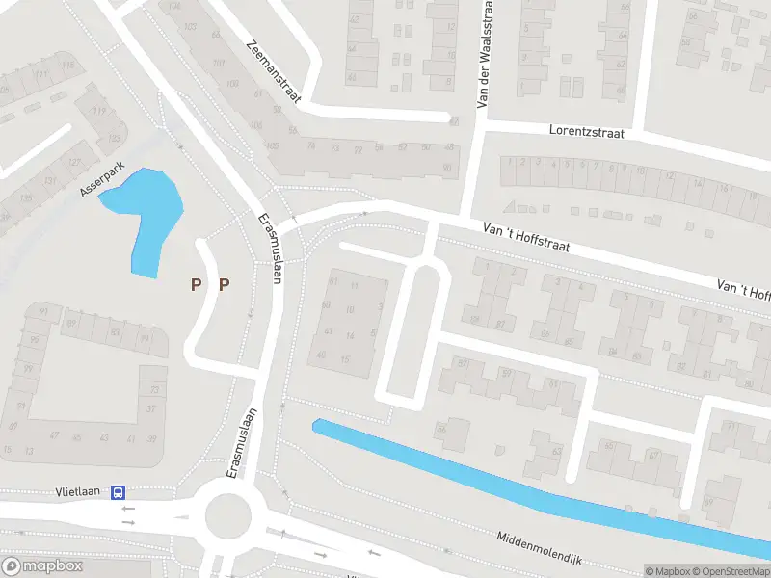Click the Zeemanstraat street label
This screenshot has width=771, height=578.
coord(275,70)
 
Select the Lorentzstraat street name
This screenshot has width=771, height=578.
coord(587,129)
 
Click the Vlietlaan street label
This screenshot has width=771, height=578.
coord(80,493)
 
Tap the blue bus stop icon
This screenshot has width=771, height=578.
coord(118,493)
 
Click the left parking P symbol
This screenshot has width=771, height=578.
coord(197,283)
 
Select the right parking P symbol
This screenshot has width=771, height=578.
coord(225,283)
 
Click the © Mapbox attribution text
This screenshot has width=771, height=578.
coord(669,571)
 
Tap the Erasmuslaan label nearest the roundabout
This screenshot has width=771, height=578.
coord(244,444)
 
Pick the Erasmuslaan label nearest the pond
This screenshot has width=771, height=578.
coord(270,248)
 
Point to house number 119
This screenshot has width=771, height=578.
coord(98,112)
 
